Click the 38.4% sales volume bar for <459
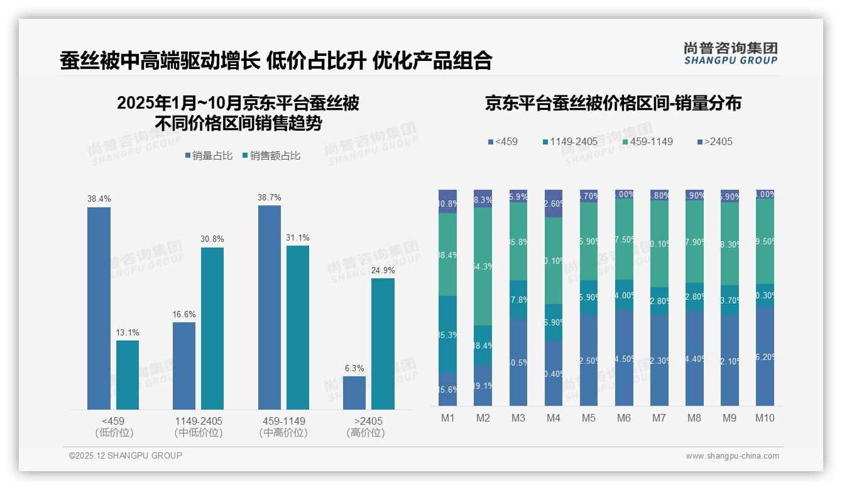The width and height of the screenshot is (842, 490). click(x=99, y=308)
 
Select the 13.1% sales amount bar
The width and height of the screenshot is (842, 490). click(x=128, y=375)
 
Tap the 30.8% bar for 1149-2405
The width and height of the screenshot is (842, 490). click(x=212, y=328)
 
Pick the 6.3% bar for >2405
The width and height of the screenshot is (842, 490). click(x=354, y=393)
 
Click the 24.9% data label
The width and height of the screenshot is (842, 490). click(x=383, y=271)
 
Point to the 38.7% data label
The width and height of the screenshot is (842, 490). click(x=269, y=197)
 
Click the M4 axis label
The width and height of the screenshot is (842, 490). click(x=554, y=418)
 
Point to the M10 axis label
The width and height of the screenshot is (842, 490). click(x=765, y=418)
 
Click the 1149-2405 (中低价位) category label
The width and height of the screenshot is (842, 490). click(x=199, y=427)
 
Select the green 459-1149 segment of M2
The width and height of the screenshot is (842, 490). click(x=483, y=266)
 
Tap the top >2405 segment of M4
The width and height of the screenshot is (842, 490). click(x=554, y=203)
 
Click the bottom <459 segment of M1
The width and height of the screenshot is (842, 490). click(x=447, y=389)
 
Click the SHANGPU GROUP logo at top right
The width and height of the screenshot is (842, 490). click(x=730, y=53)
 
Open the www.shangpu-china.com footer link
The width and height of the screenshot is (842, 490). click(x=732, y=456)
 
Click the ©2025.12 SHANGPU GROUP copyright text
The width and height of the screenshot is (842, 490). click(x=126, y=455)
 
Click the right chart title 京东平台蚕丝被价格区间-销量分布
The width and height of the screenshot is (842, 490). click(x=613, y=103)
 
